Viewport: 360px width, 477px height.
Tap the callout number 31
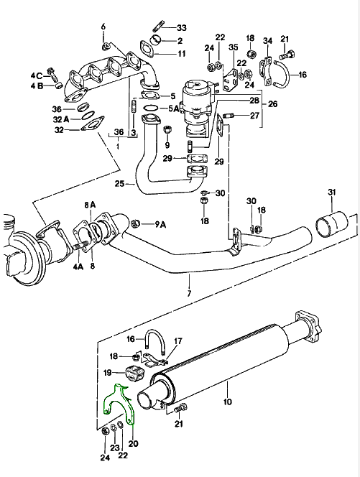pos(331,192)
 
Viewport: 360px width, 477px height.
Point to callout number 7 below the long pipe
pos(189,295)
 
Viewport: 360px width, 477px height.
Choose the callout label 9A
pos(160,224)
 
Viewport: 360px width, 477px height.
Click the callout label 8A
pos(89,205)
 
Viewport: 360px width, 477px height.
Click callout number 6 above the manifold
pos(103,27)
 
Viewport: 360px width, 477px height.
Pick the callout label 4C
pos(37,75)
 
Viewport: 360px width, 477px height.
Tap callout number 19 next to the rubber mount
pos(108,373)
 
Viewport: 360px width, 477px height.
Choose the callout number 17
pos(179,341)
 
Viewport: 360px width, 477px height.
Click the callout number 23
pos(114,447)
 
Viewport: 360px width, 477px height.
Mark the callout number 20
pos(133,444)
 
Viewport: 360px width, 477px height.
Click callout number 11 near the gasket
pos(181,54)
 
